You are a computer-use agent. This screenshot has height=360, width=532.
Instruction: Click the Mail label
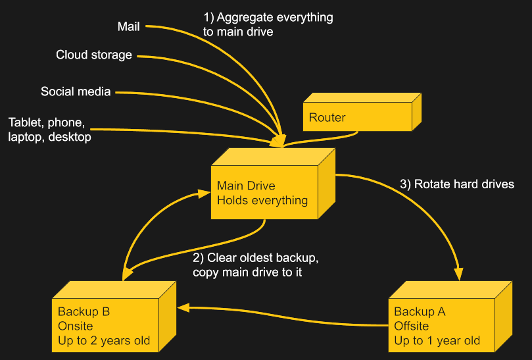[128, 26]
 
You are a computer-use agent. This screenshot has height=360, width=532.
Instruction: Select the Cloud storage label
[94, 55]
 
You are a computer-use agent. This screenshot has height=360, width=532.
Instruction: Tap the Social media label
[76, 91]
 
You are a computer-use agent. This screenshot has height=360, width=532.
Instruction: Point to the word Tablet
[25, 123]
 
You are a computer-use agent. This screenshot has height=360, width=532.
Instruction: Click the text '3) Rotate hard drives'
[457, 184]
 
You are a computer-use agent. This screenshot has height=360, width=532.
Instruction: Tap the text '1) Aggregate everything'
[267, 18]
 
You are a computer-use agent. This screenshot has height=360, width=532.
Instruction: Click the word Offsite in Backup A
[411, 326]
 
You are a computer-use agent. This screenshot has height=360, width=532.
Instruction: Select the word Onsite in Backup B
[75, 326]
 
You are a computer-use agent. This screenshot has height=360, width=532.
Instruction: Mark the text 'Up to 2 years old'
[104, 340]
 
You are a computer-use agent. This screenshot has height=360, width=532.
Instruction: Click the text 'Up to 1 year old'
[437, 340]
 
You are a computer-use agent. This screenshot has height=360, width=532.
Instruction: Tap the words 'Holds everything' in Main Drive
[262, 200]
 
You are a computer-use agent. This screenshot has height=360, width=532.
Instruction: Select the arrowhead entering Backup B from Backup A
[183, 307]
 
